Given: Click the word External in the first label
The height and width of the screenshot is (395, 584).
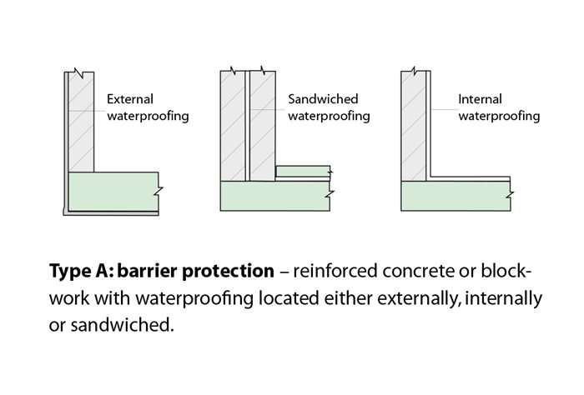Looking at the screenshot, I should coord(129,99).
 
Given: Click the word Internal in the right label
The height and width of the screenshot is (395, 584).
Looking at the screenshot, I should coord(480,99).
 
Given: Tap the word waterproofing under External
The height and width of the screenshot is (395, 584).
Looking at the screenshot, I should coord(148,116).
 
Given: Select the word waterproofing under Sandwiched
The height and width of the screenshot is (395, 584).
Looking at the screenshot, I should coord(329,116).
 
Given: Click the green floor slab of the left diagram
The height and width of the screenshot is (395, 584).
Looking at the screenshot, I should coord(113,192).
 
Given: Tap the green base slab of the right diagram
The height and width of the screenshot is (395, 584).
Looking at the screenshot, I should coord(455,197).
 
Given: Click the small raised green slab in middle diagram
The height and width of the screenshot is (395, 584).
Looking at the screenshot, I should coord(302,172).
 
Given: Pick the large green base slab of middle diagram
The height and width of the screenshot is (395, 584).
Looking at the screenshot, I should coord(275,197).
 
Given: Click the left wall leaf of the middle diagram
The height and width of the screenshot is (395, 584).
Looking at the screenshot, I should coord(233,125).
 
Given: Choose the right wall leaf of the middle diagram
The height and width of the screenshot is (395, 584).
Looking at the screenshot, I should coord(263,125).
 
